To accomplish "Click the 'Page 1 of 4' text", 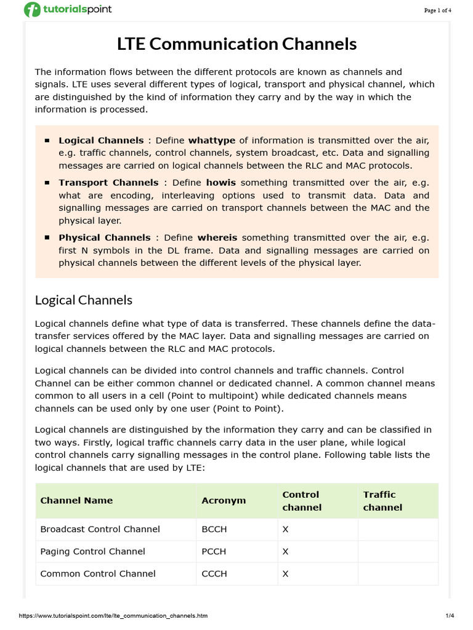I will [x=438, y=10].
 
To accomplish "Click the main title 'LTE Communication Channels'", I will [x=237, y=44].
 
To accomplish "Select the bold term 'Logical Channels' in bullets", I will [x=101, y=140].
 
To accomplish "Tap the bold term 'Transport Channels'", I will [x=108, y=183].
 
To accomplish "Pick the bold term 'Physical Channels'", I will [x=104, y=237].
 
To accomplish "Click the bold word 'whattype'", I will [x=212, y=140].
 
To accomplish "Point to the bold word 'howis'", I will [x=221, y=183].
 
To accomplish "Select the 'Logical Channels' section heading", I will [x=84, y=300].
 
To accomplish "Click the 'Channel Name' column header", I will [x=76, y=500].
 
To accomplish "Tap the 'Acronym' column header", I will [x=224, y=500].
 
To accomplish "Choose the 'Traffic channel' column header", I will [x=382, y=500].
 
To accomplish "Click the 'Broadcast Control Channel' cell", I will [x=100, y=529].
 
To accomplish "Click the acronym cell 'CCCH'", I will [x=214, y=573].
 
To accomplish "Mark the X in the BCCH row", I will [x=285, y=529].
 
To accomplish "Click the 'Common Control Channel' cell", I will [x=98, y=573].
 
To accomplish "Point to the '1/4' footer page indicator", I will [x=449, y=615].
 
